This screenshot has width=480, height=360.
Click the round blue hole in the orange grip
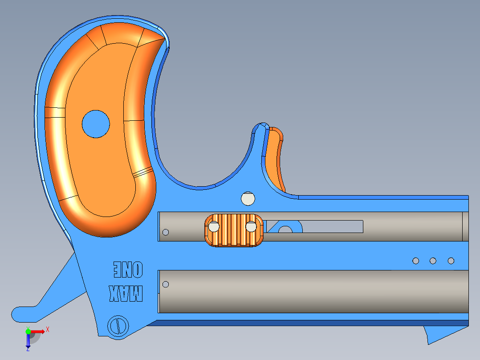point(96,124)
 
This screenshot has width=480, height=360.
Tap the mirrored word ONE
point(128,270)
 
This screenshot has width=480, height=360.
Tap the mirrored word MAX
point(126,294)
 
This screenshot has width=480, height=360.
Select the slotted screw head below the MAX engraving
point(118,326)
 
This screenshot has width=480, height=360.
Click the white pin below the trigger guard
point(248,199)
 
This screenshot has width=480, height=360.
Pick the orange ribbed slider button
point(234,230)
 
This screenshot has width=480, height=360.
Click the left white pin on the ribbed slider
point(214,227)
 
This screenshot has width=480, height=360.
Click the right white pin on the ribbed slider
point(251,227)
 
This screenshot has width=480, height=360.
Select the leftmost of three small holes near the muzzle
point(416,261)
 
